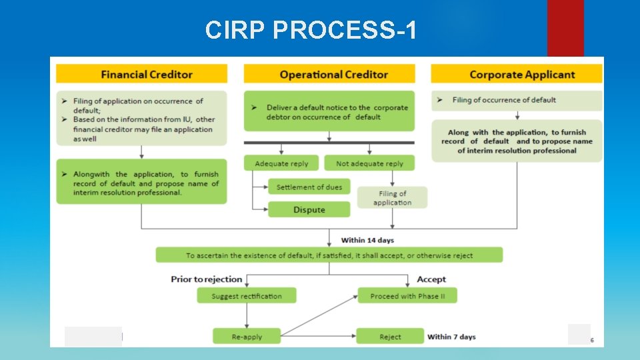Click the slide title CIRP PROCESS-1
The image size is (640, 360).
click(x=311, y=30)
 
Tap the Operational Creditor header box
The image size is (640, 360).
click(x=329, y=74)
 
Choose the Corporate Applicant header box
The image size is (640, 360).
click(x=517, y=74)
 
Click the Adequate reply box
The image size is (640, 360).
click(x=281, y=163)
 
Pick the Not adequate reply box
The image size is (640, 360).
click(x=369, y=163)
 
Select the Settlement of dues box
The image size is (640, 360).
click(x=309, y=187)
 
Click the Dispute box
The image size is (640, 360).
click(x=309, y=210)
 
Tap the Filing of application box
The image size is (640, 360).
click(x=392, y=198)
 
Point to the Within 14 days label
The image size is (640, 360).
click(x=367, y=239)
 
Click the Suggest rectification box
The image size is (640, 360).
click(x=246, y=296)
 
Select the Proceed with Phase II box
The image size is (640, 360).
click(x=407, y=296)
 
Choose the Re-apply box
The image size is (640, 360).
click(x=246, y=337)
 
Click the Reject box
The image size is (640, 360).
click(x=390, y=337)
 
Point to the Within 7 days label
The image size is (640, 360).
click(x=451, y=337)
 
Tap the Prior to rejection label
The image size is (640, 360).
click(x=206, y=279)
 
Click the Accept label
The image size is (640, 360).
click(x=431, y=279)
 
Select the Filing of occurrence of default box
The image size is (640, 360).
click(x=517, y=101)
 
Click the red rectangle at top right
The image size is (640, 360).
click(x=565, y=28)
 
